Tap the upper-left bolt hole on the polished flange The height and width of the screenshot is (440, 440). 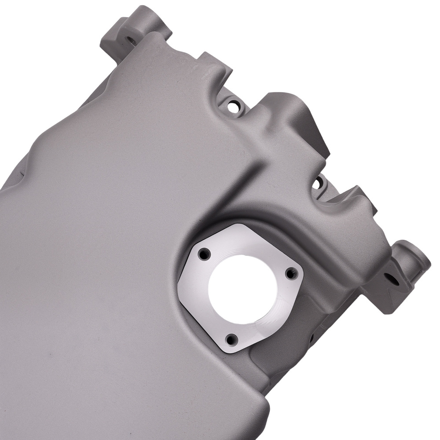click(x=204, y=254)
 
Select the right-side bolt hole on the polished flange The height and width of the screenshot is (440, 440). click(x=290, y=274)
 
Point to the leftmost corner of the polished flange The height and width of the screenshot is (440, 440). click(x=180, y=284)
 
